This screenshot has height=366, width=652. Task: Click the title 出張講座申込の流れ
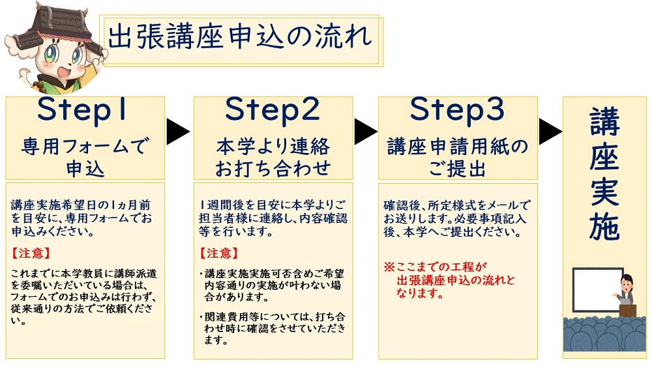click(x=239, y=37)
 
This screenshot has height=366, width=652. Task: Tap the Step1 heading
click(x=82, y=109)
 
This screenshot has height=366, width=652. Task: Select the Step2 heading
click(x=273, y=109)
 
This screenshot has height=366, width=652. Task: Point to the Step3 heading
click(x=458, y=109)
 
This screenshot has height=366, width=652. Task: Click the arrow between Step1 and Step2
click(x=177, y=132)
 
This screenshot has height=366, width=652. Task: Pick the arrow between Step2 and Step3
click(x=366, y=132)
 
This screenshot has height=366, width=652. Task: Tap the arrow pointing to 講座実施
click(x=550, y=132)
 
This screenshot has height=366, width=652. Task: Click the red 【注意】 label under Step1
click(x=31, y=253)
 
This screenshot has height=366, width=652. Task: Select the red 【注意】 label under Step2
click(x=219, y=253)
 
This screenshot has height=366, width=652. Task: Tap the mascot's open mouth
click(x=63, y=71)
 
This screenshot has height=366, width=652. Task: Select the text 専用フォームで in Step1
click(x=85, y=147)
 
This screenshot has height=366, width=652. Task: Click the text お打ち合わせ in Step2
click(x=273, y=169)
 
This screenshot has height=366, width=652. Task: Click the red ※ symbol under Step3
click(x=389, y=267)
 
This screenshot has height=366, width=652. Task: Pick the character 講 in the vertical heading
click(x=604, y=121)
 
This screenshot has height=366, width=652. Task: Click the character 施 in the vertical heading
click(x=604, y=226)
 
